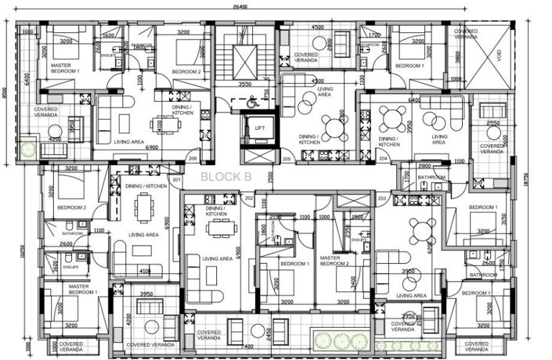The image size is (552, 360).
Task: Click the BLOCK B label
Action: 225,177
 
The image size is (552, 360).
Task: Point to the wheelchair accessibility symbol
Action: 252,101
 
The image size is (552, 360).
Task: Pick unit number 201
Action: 177,181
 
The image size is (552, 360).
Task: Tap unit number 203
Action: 383,199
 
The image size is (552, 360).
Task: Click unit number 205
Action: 287,159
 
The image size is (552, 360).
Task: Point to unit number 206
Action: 193,158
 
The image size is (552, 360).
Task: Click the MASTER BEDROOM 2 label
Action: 335,261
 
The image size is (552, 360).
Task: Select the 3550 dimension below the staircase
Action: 244,84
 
